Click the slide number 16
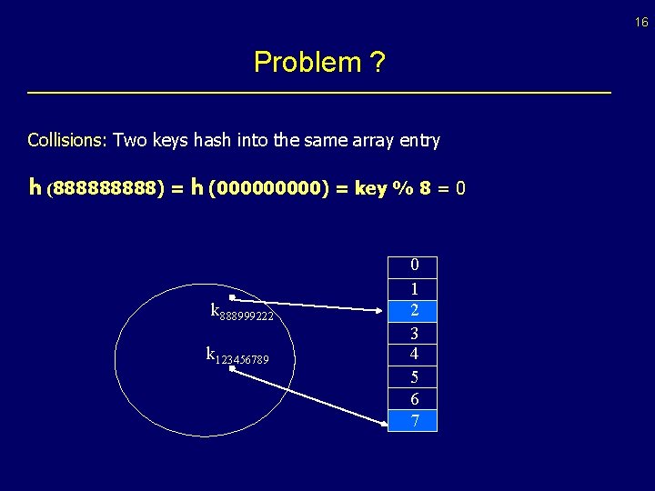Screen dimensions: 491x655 click(641, 23)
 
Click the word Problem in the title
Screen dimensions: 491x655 click(307, 63)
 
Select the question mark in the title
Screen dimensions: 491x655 click(378, 63)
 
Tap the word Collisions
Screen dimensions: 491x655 click(67, 140)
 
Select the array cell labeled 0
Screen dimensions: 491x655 click(413, 266)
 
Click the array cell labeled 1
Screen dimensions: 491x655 click(413, 289)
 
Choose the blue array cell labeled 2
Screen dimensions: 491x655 click(413, 311)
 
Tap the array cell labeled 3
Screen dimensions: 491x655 click(413, 333)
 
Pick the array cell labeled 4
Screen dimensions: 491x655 click(413, 354)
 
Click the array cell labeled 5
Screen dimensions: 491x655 click(413, 376)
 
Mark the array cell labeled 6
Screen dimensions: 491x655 click(413, 399)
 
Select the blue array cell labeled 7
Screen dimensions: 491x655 click(413, 420)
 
